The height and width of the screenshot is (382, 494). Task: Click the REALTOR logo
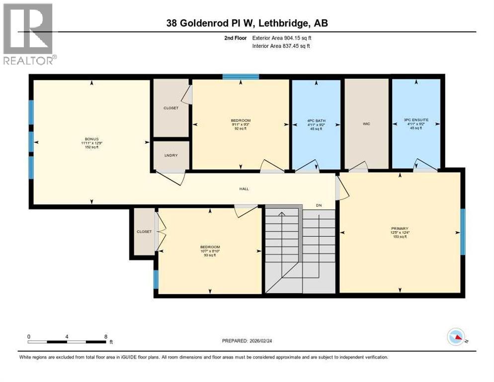click(28, 34)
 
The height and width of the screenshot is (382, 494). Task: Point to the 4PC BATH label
click(316, 120)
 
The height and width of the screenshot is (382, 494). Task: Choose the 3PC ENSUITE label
click(416, 120)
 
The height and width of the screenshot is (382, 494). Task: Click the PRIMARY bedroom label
click(400, 228)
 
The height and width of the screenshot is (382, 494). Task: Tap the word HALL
click(244, 189)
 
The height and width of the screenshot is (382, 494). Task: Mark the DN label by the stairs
click(320, 205)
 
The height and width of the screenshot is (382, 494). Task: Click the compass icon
click(456, 337)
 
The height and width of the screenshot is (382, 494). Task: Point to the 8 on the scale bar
click(105, 336)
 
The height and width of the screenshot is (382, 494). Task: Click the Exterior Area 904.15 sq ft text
click(282, 38)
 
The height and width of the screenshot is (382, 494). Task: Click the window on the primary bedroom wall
click(463, 231)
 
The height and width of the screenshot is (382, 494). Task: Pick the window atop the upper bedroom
click(241, 77)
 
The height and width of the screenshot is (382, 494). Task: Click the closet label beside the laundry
click(171, 108)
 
